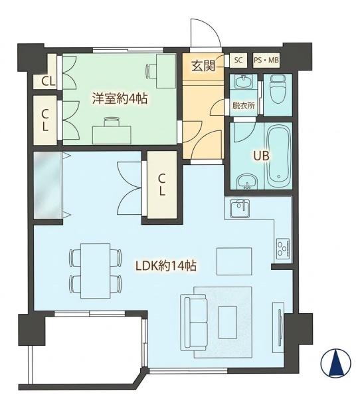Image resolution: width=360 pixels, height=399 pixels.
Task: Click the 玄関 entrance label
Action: pos(203,66)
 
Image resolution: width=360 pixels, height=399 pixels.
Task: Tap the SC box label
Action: pos(238,61)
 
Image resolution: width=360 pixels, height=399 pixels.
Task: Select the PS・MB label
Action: pos(266,61)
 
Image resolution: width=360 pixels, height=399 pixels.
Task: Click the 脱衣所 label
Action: pos(244,106)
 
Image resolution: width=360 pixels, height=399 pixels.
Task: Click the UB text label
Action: pos(262,156)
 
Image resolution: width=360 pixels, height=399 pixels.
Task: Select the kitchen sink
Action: pos(240,209)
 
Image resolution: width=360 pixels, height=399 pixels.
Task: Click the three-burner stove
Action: pos(283,248)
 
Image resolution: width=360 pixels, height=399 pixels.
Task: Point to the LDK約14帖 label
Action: pos(166,266)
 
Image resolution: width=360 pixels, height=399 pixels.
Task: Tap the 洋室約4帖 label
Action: pos(120,98)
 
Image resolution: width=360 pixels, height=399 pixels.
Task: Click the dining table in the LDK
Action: pos(96,271)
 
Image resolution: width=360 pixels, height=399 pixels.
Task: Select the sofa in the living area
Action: pos(193,322)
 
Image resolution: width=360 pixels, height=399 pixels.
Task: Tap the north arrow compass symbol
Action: pos(335,363)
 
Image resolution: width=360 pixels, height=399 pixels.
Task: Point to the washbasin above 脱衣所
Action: pos(242,81)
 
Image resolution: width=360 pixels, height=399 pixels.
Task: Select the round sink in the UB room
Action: pos(247,182)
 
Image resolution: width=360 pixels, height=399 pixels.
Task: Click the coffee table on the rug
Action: pos(228,322)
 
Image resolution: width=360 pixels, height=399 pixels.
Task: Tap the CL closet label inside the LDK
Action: pos(162,184)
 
